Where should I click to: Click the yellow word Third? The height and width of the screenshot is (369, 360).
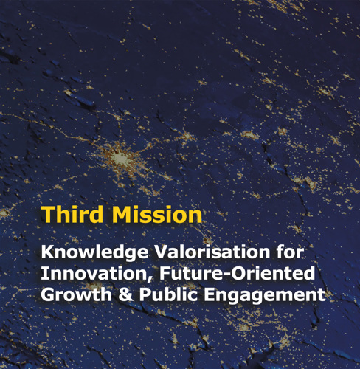(72, 214)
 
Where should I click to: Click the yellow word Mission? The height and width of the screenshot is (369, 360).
(157, 214)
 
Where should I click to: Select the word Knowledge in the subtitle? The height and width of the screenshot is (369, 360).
(94, 253)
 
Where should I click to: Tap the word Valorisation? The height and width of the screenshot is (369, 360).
(212, 252)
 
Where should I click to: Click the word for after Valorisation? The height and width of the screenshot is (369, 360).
(290, 252)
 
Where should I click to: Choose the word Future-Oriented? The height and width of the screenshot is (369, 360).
(238, 273)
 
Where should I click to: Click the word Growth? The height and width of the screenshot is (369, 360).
(76, 294)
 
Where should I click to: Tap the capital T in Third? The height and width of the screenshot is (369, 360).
(49, 214)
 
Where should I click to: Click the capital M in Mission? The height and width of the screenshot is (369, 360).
(122, 214)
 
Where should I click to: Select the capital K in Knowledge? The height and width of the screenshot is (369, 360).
(47, 252)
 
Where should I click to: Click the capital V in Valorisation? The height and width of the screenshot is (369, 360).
(160, 252)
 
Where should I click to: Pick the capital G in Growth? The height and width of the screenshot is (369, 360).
(47, 294)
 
